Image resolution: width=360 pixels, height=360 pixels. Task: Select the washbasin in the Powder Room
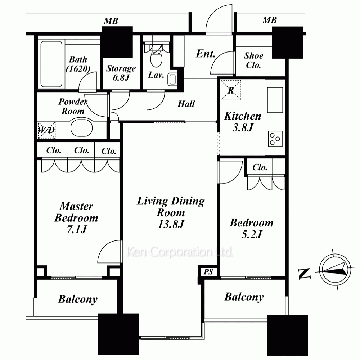[x=81, y=127]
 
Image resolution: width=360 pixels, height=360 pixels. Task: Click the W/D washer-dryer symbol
[x=46, y=130]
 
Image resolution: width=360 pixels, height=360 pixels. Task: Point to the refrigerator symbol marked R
[x=231, y=90]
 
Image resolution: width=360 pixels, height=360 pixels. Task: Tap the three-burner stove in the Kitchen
[x=275, y=139]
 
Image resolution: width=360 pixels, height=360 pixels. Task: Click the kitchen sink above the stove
[x=275, y=100]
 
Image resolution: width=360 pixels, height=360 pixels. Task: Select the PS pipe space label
[x=208, y=272]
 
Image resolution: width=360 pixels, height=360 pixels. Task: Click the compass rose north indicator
[x=335, y=270]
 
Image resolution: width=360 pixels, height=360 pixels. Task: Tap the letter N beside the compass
[x=304, y=274]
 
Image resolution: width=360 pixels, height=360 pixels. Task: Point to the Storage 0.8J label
[x=121, y=73]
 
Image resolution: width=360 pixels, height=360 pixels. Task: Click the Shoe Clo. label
[x=253, y=60]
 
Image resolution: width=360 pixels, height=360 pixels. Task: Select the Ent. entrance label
[x=206, y=54]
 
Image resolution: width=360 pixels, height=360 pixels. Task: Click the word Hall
[x=186, y=104]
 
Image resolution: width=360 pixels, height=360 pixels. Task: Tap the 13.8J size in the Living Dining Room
[x=171, y=224]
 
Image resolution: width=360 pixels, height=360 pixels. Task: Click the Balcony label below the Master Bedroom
[x=78, y=300]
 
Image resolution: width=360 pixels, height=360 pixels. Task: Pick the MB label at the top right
[x=270, y=20]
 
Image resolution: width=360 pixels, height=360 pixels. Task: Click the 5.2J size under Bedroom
[x=252, y=234]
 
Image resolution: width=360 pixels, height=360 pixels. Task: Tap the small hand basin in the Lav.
[x=172, y=79]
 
